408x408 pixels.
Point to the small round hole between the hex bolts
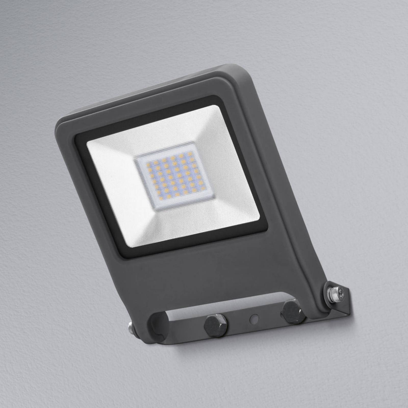(x=254, y=318)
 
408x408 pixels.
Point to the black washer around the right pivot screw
(x=328, y=288)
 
